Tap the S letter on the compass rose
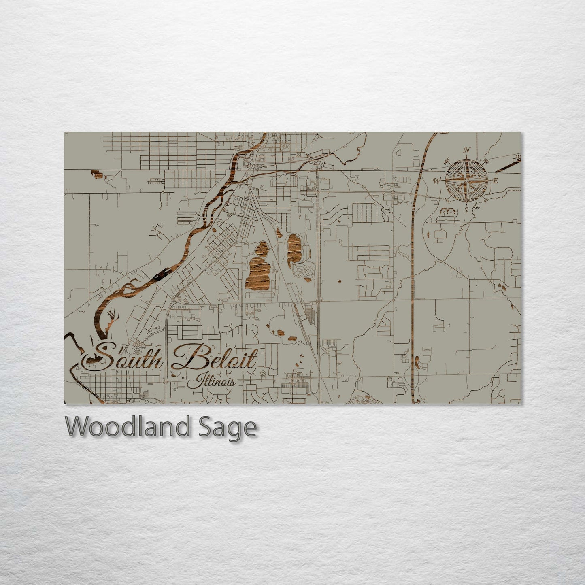[466, 210]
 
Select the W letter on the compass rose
[437, 181]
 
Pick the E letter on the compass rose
[495, 181]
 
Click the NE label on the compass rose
[486, 161]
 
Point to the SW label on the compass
[447, 200]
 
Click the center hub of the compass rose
[466, 181]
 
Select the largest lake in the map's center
[259, 273]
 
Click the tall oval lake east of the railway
[294, 247]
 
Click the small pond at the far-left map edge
[96, 174]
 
